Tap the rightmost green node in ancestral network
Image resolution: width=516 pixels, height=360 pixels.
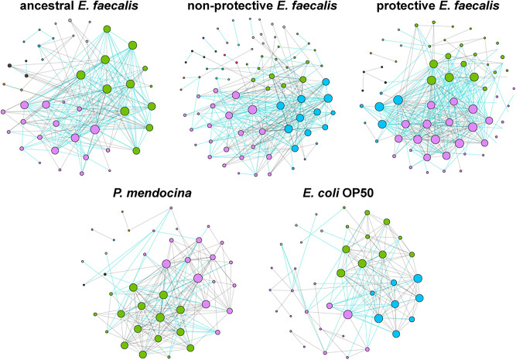[152, 106]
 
